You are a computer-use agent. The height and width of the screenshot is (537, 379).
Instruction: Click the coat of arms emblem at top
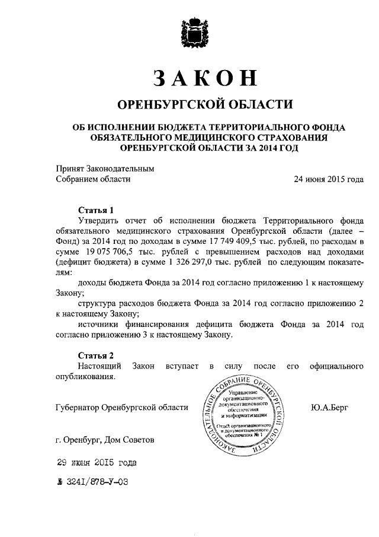point(189,32)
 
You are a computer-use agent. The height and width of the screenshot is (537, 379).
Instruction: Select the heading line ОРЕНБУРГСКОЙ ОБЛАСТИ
point(205,105)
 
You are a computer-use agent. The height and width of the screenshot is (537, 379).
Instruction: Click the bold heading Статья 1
point(95,209)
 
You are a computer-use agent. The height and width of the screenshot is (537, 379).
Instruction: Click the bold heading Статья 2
point(95,355)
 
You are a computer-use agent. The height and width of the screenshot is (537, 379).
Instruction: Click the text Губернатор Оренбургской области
point(121,408)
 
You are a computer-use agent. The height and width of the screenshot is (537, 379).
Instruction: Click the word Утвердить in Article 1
point(99,220)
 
